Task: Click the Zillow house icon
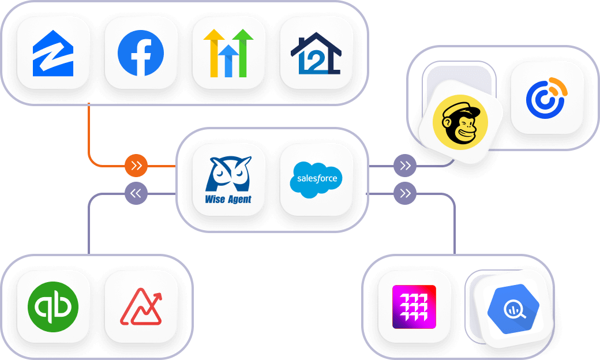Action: [53, 53]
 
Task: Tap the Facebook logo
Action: [141, 53]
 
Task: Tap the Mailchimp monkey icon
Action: [460, 122]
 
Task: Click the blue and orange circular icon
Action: [546, 97]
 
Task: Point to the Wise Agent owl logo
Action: [228, 172]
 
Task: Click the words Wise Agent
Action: [228, 200]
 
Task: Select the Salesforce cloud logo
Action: [316, 179]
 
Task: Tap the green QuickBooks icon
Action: [53, 306]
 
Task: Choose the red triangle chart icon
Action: [141, 306]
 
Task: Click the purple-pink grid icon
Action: [414, 306]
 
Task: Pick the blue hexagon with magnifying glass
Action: [511, 309]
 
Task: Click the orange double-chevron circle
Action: [136, 166]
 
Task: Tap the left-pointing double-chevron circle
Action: [136, 193]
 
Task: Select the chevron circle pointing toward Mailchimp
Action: [405, 166]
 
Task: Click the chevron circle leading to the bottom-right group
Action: [405, 193]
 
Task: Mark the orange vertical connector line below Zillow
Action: [89, 130]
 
